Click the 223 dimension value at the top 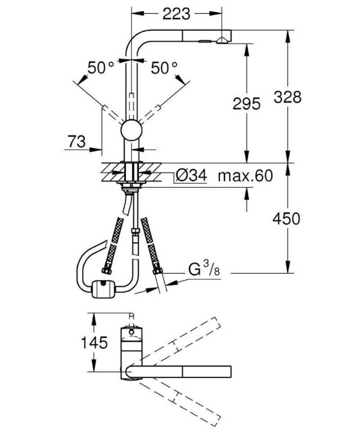(x=176, y=14)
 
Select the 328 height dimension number (x=288, y=97)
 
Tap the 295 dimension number (x=246, y=104)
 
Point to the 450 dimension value (x=286, y=219)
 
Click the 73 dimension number (x=76, y=141)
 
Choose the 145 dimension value (x=94, y=342)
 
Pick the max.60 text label (x=245, y=176)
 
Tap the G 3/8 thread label (x=204, y=268)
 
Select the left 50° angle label (x=100, y=68)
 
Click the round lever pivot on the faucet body (x=131, y=130)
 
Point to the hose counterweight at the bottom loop (x=103, y=289)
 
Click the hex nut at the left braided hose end (x=106, y=271)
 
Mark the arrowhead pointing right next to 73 (x=96, y=149)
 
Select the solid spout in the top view (x=179, y=373)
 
